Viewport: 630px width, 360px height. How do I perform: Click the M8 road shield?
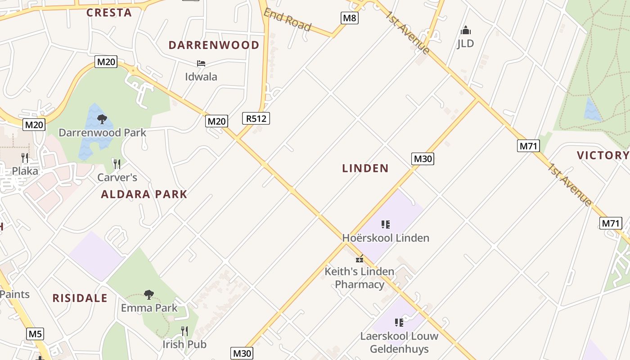pyautogui.click(x=349, y=18)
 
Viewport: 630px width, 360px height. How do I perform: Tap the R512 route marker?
pyautogui.click(x=256, y=119)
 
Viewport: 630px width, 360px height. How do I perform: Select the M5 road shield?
pyautogui.click(x=35, y=334)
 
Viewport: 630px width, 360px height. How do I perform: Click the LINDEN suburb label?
pyautogui.click(x=365, y=168)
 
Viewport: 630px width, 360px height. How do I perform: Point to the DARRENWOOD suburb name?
pyautogui.click(x=214, y=45)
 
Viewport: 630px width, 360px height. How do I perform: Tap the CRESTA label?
pyautogui.click(x=109, y=13)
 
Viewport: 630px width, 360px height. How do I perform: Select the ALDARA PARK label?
pyautogui.click(x=144, y=194)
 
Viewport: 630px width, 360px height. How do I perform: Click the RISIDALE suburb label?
pyautogui.click(x=80, y=298)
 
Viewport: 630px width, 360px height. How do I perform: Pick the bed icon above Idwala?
pyautogui.click(x=201, y=63)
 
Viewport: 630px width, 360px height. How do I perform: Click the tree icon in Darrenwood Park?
pyautogui.click(x=102, y=119)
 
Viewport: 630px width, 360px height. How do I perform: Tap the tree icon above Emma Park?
pyautogui.click(x=149, y=295)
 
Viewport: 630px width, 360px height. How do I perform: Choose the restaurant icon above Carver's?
pyautogui.click(x=117, y=164)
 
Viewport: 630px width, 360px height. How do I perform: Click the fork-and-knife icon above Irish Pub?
pyautogui.click(x=184, y=331)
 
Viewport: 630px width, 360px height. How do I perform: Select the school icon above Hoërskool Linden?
pyautogui.click(x=385, y=224)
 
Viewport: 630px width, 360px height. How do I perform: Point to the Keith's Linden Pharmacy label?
pyautogui.click(x=360, y=278)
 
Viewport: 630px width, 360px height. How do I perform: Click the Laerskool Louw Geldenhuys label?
pyautogui.click(x=399, y=342)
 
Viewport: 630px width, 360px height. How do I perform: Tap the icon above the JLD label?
pyautogui.click(x=465, y=30)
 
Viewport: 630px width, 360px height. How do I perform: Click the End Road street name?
pyautogui.click(x=287, y=20)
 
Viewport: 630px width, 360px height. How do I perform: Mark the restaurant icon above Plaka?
pyautogui.click(x=25, y=157)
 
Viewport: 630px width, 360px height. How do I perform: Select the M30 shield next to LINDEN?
pyautogui.click(x=423, y=158)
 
